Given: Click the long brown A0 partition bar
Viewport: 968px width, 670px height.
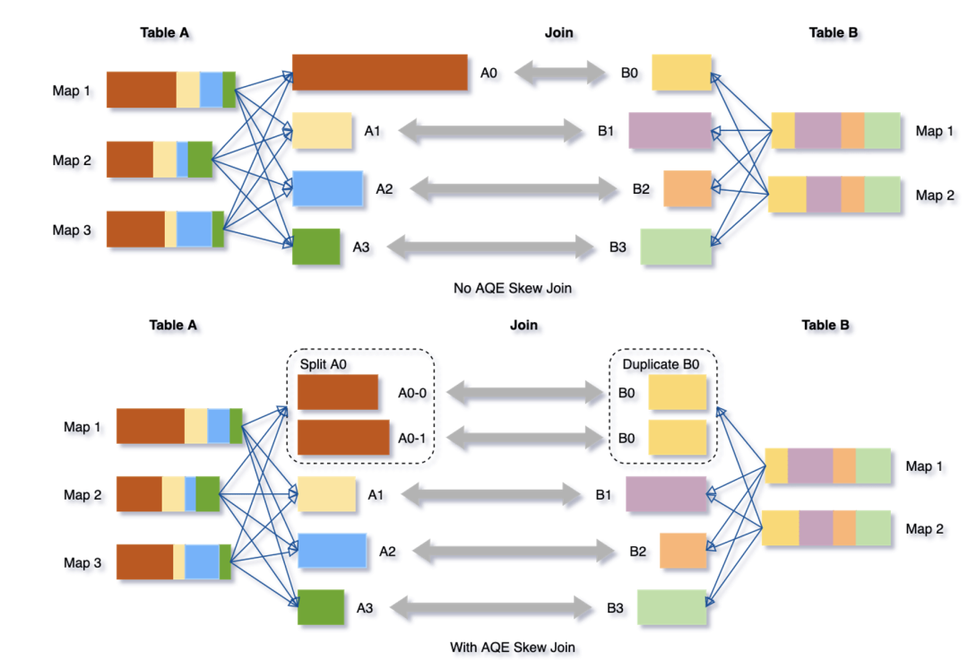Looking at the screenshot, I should coord(379,72).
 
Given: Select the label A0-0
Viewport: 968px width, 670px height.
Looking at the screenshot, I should coord(413,392).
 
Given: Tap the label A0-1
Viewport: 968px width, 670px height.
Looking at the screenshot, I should coord(413,437).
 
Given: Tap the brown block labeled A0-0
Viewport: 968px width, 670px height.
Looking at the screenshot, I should coord(337,392).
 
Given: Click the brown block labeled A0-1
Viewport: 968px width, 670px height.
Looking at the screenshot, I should coord(342,437).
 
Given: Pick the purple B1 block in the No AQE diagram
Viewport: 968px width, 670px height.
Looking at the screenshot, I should coord(670,131).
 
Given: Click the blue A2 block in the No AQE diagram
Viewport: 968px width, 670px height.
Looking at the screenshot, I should coord(327,188).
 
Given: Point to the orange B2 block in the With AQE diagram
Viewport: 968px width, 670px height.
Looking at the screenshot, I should coord(683,551).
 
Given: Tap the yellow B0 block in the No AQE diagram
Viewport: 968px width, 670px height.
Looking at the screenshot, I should coord(681,73).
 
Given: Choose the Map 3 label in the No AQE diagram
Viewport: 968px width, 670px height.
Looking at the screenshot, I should coord(71,231).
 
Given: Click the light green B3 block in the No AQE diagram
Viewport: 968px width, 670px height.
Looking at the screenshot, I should coord(676,247).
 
